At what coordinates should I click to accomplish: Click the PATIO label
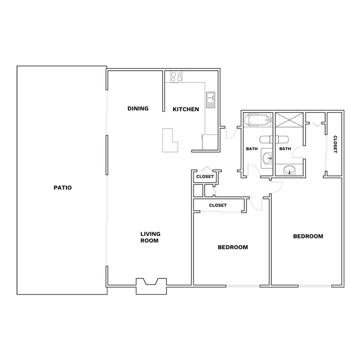click(63, 188)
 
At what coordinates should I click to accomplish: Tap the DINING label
click(138, 108)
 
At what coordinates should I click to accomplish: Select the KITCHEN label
click(186, 109)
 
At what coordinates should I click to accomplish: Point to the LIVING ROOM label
click(150, 237)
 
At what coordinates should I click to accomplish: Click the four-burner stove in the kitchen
click(176, 77)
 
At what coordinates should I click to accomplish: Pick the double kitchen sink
click(210, 100)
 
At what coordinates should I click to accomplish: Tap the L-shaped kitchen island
click(170, 140)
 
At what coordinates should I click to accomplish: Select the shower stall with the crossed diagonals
click(289, 120)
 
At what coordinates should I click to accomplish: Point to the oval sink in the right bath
click(290, 170)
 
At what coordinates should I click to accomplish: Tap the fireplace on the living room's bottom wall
click(151, 286)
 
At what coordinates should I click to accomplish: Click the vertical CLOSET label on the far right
click(335, 144)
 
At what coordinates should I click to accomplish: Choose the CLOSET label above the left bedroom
click(218, 205)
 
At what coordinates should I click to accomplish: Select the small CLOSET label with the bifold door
click(205, 176)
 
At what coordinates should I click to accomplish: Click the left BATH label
click(252, 149)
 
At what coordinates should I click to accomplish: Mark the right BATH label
click(285, 149)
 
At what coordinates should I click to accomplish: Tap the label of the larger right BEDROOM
click(308, 236)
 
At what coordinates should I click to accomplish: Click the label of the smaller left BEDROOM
click(233, 247)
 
